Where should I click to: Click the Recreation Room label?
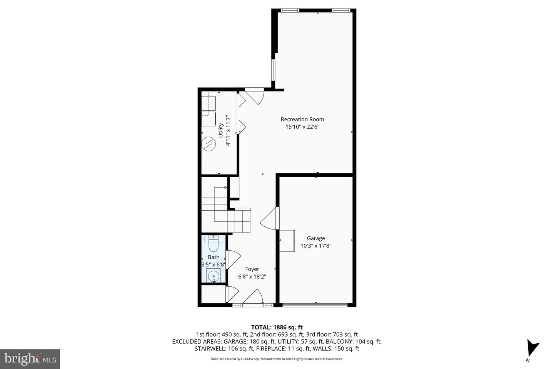tap(302, 119)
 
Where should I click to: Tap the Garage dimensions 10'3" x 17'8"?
tap(315, 246)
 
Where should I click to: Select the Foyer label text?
tap(252, 269)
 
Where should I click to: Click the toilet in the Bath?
tap(213, 241)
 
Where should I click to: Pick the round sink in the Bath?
tap(213, 276)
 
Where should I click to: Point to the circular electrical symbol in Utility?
tap(209, 144)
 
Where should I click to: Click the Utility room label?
tap(220, 130)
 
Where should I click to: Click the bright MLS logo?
tap(30, 359)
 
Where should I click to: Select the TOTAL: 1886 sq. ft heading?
tap(277, 327)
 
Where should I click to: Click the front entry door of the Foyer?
tap(253, 298)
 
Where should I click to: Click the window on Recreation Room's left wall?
tap(273, 69)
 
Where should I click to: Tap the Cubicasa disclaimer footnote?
tap(277, 359)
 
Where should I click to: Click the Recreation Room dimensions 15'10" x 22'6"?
tap(302, 126)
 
